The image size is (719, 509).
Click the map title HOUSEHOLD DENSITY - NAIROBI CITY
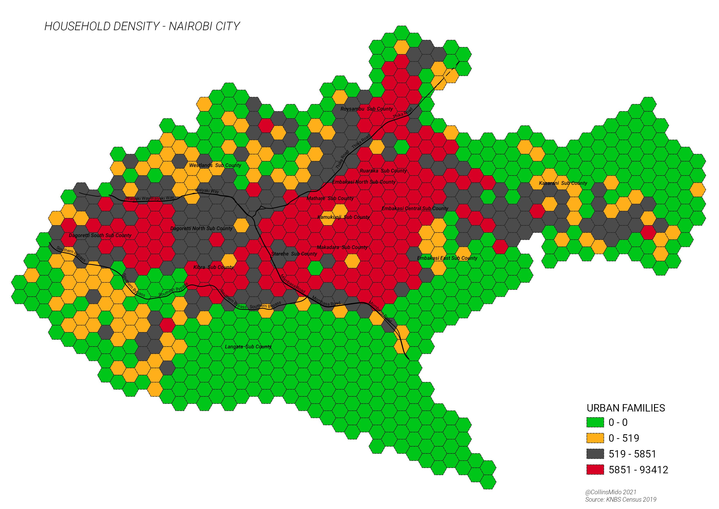[x=142, y=26]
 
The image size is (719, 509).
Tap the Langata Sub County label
[x=248, y=347]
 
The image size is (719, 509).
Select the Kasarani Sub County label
[x=563, y=183]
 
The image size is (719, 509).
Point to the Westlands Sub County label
[x=215, y=165]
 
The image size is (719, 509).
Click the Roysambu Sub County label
[x=366, y=109]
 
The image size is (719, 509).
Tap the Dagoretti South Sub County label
[x=100, y=235]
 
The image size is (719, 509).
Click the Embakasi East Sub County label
[x=447, y=258]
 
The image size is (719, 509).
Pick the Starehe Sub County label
[x=294, y=254]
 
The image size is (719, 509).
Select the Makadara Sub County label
[x=342, y=247]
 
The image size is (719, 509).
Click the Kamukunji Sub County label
[x=343, y=217]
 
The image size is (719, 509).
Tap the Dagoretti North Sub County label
[x=201, y=228]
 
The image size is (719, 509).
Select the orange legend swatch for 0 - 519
[x=595, y=438]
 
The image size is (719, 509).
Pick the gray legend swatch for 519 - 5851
[x=595, y=454]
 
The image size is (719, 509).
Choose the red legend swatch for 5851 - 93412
[x=595, y=470]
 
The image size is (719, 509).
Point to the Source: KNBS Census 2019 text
[x=620, y=500]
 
